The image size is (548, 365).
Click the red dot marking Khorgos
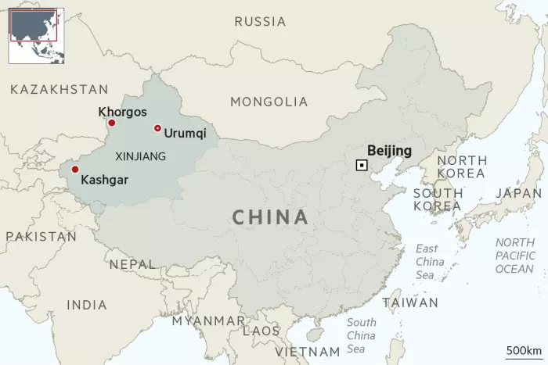pyautogui.click(x=111, y=123)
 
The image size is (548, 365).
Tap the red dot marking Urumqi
pyautogui.click(x=157, y=128)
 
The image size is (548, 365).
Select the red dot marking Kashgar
pyautogui.click(x=75, y=169)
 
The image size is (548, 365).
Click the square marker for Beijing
pyautogui.click(x=361, y=164)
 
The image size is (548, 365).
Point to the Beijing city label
pyautogui.click(x=389, y=151)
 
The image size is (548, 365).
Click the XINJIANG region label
pyautogui.click(x=140, y=156)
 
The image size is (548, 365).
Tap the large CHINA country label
pyautogui.click(x=270, y=217)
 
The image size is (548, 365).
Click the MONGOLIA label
pyautogui.click(x=269, y=102)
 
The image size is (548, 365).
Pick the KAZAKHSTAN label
pyautogui.click(x=59, y=90)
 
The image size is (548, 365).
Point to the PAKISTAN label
pyautogui.click(x=41, y=236)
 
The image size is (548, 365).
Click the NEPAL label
pyautogui.click(x=132, y=264)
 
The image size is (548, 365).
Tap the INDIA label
pyautogui.click(x=87, y=305)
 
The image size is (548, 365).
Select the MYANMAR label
pyautogui.click(x=208, y=320)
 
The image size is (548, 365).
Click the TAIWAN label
pyautogui.click(x=410, y=302)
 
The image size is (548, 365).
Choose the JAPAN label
pyautogui.click(x=518, y=193)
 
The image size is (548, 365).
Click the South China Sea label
pyautogui.click(x=361, y=335)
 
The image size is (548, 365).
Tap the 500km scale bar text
pyautogui.click(x=524, y=349)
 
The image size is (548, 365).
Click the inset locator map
pyautogui.click(x=36, y=34)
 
